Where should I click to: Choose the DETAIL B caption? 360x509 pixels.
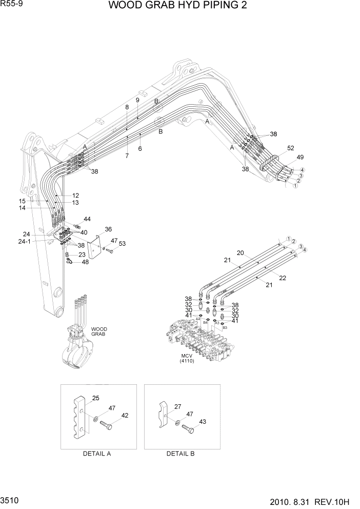click(181, 454)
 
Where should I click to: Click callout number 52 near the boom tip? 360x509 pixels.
click(291, 148)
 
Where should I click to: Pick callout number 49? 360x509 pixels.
click(300, 157)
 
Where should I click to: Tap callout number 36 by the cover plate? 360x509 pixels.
click(108, 229)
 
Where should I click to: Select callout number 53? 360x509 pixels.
click(122, 243)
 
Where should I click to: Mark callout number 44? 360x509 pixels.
click(87, 219)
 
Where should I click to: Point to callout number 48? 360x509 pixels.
click(85, 262)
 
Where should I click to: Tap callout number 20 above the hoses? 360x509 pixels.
click(241, 252)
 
